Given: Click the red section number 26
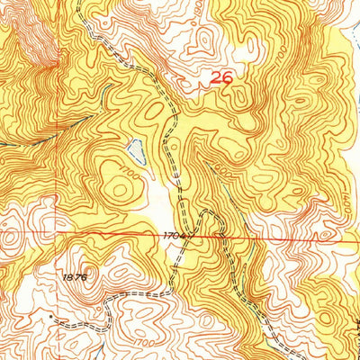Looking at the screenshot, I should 220,79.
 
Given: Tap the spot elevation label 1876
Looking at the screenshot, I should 75,277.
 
